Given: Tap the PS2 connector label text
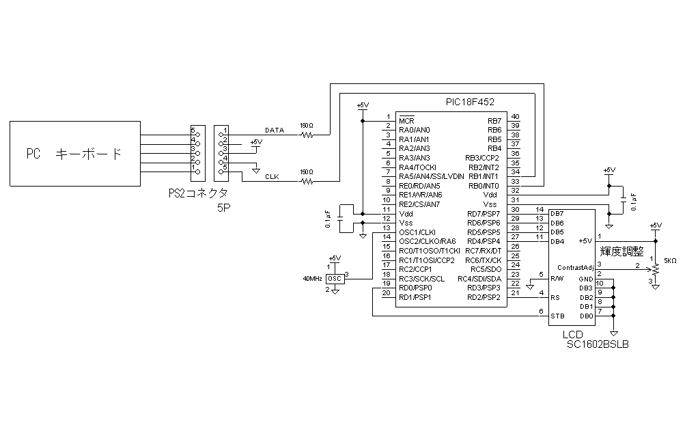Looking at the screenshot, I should [x=198, y=193].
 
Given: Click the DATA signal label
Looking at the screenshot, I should [x=275, y=130].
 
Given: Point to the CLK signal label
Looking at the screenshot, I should [x=272, y=177].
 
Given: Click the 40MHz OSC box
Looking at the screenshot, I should [x=335, y=279].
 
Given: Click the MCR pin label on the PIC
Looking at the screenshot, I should [x=407, y=120].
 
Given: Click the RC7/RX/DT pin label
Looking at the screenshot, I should [x=484, y=251].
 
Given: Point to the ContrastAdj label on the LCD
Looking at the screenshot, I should [x=574, y=266].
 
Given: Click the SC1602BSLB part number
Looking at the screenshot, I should [x=598, y=345].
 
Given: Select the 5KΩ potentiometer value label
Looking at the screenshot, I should [x=669, y=260].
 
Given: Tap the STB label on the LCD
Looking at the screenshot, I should [x=557, y=316].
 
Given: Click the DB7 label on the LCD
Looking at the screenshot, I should [x=557, y=213].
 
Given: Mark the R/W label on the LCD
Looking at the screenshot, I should [x=557, y=278].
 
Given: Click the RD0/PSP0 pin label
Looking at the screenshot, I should [x=416, y=288].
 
